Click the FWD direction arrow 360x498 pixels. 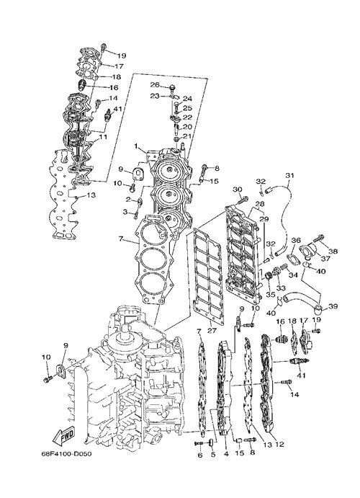pos(63,435)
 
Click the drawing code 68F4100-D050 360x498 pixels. pos(66,453)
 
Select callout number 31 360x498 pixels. pos(289,175)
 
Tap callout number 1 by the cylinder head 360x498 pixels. pos(136,146)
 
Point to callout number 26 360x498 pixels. pos(155,84)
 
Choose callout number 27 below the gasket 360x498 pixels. pos(212,331)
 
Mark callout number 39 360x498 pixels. pos(333,306)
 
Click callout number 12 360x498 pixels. pos(279,444)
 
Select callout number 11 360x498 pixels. pos(103,137)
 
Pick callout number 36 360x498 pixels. pos(296,241)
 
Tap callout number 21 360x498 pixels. pos(187,136)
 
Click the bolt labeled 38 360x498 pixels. pos(319,246)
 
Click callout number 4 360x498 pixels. pos(226,454)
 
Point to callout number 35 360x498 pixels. pos(270,295)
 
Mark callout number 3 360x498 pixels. pos(125,211)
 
